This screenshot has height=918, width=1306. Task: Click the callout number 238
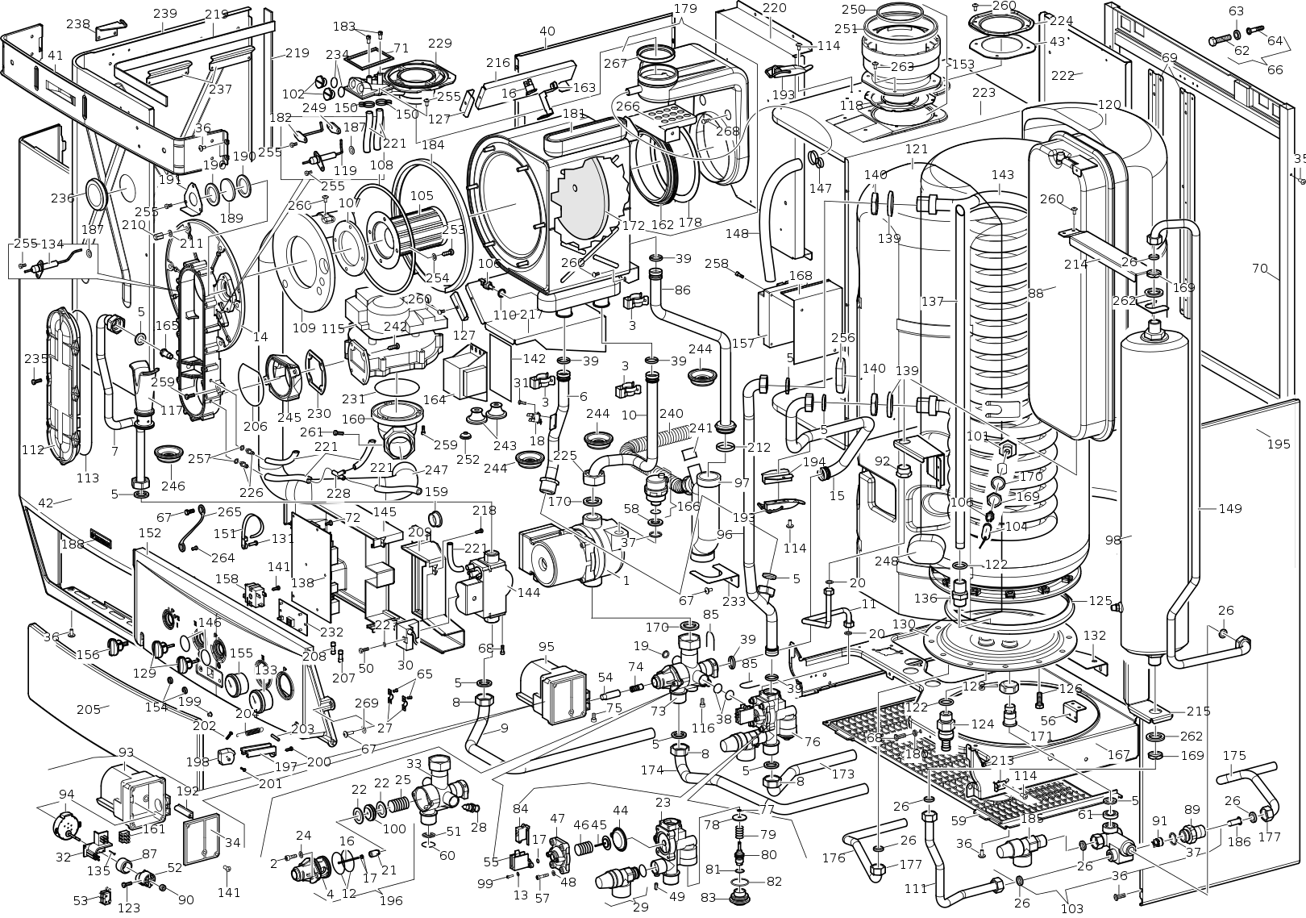click(x=78, y=24)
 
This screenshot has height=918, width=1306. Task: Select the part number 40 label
click(x=547, y=31)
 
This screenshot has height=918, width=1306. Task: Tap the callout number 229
click(x=439, y=44)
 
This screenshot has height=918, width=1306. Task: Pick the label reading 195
click(x=1279, y=444)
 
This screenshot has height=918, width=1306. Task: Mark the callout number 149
click(x=1230, y=508)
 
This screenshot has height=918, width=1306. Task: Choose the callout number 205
click(x=88, y=709)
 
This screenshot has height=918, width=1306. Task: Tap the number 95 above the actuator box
click(x=547, y=646)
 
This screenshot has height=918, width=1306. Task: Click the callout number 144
click(x=529, y=592)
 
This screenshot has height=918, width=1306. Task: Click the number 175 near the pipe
click(x=1234, y=756)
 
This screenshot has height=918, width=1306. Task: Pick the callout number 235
click(x=35, y=358)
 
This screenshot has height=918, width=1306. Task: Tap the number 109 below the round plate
click(x=304, y=328)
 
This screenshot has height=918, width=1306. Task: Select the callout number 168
click(x=801, y=276)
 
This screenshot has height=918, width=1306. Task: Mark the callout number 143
click(x=1002, y=175)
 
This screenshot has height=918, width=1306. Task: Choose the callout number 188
click(x=73, y=544)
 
